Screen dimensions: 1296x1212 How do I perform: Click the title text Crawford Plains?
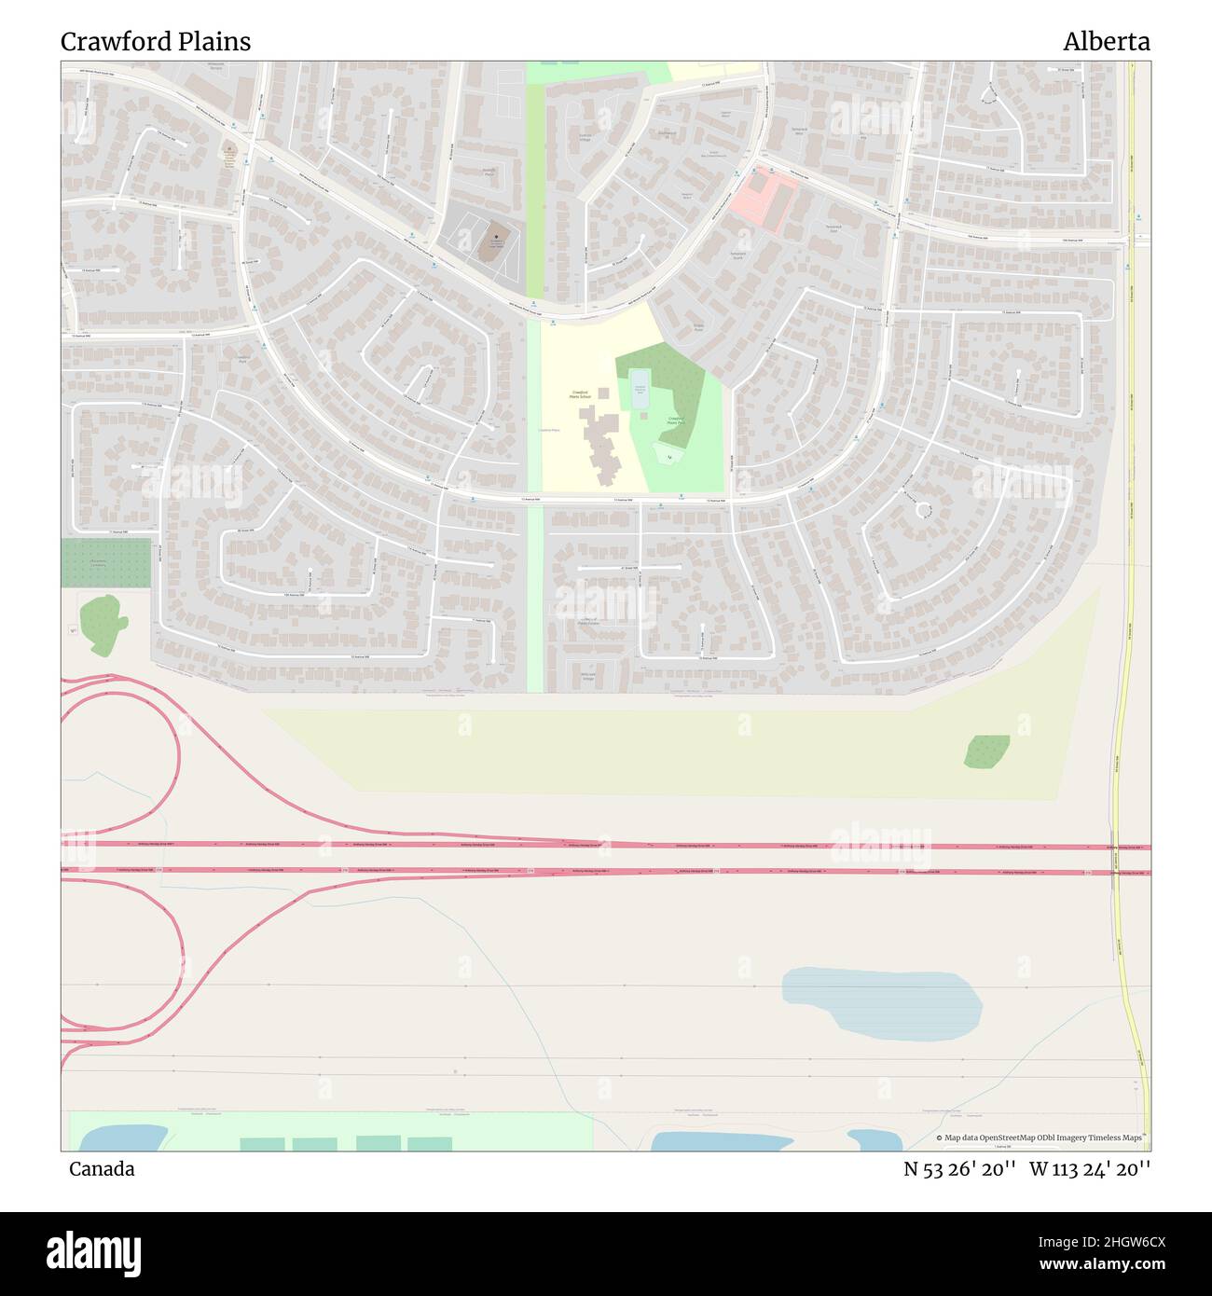pyautogui.click(x=156, y=42)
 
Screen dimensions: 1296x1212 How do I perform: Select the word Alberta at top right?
pyautogui.click(x=1106, y=42)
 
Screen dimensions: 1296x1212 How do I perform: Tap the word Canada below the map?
pyautogui.click(x=102, y=1169)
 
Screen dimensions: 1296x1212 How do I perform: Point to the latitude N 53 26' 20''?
pyautogui.click(x=959, y=1169)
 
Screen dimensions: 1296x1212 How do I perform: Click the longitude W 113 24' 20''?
pyautogui.click(x=1090, y=1169)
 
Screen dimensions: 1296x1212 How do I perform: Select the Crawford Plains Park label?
pyautogui.click(x=678, y=421)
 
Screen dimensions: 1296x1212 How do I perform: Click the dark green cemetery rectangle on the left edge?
pyautogui.click(x=105, y=563)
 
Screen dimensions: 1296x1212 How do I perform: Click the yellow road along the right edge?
pyautogui.click(x=1131, y=559)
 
